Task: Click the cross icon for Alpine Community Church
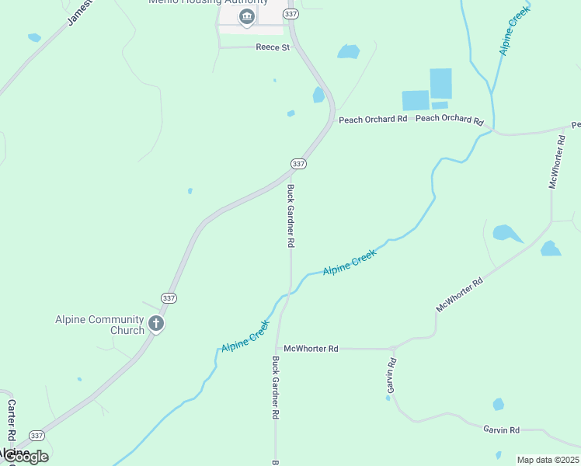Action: pyautogui.click(x=156, y=324)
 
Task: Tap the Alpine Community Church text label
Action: pyautogui.click(x=99, y=325)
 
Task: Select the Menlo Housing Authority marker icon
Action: pyautogui.click(x=247, y=18)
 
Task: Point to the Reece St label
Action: pyautogui.click(x=272, y=47)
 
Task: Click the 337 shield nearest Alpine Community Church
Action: pyautogui.click(x=169, y=298)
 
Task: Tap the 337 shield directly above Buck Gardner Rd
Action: pyautogui.click(x=298, y=164)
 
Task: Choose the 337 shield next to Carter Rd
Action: pyautogui.click(x=37, y=435)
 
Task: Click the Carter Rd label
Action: pyautogui.click(x=12, y=419)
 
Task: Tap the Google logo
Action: pyautogui.click(x=25, y=456)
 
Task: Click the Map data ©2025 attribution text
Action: pyautogui.click(x=548, y=460)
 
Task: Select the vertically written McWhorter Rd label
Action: pyautogui.click(x=556, y=161)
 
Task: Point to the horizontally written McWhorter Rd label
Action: pyautogui.click(x=311, y=349)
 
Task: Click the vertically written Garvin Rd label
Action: pyautogui.click(x=391, y=379)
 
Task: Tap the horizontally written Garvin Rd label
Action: pyautogui.click(x=501, y=429)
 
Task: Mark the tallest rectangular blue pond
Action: pyautogui.click(x=440, y=84)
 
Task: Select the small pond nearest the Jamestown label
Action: pyautogui.click(x=34, y=37)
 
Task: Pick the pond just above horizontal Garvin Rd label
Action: pyautogui.click(x=498, y=405)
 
